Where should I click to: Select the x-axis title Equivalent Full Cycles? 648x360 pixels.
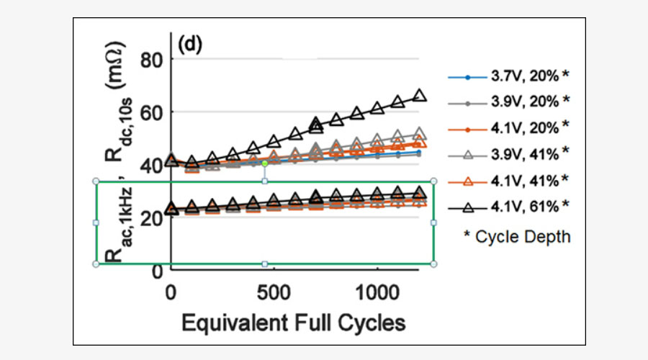pyautogui.click(x=293, y=323)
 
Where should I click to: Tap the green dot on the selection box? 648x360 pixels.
pyautogui.click(x=265, y=164)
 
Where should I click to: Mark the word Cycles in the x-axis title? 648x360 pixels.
pyautogui.click(x=368, y=323)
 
